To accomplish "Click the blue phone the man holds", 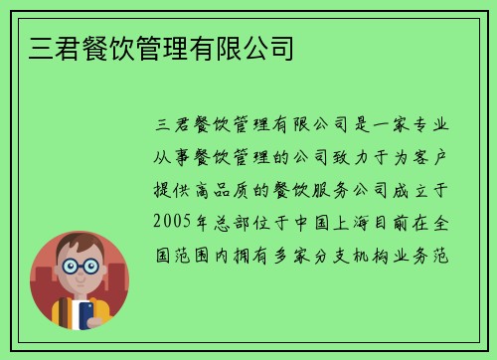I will click(x=86, y=315).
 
